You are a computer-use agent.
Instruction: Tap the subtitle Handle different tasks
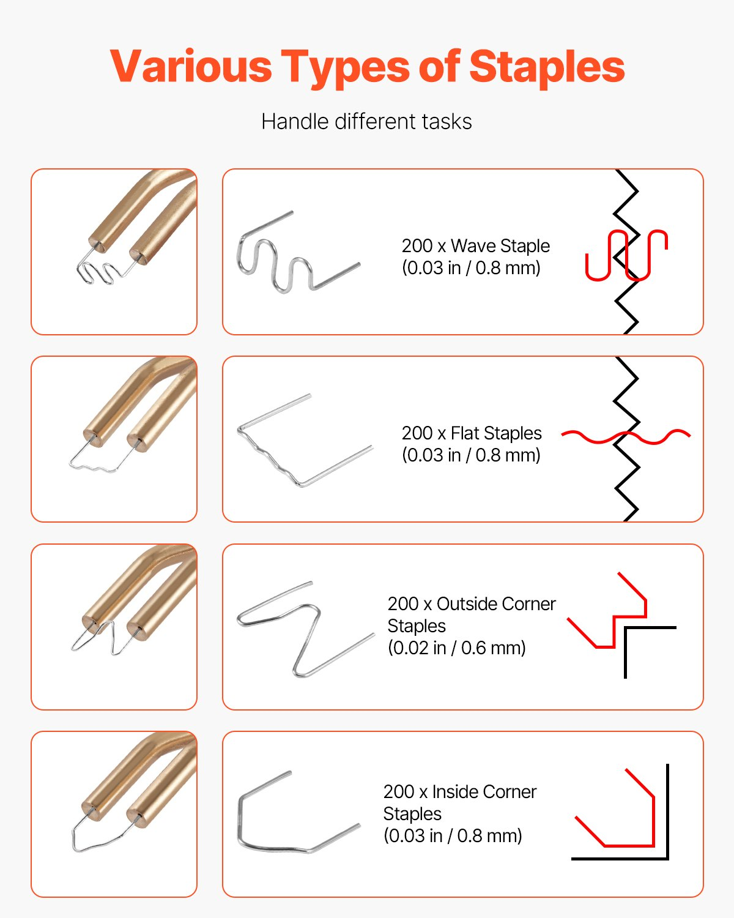[366, 122]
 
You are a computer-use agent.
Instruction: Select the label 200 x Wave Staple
[475, 246]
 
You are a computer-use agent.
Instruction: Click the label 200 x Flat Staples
[472, 433]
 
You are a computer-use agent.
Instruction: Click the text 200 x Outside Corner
[472, 604]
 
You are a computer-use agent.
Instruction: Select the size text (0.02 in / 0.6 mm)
[456, 648]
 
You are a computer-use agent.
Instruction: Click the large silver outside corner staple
[306, 630]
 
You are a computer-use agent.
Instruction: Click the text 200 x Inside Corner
[459, 792]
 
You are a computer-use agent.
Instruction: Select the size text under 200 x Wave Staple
[471, 268]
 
